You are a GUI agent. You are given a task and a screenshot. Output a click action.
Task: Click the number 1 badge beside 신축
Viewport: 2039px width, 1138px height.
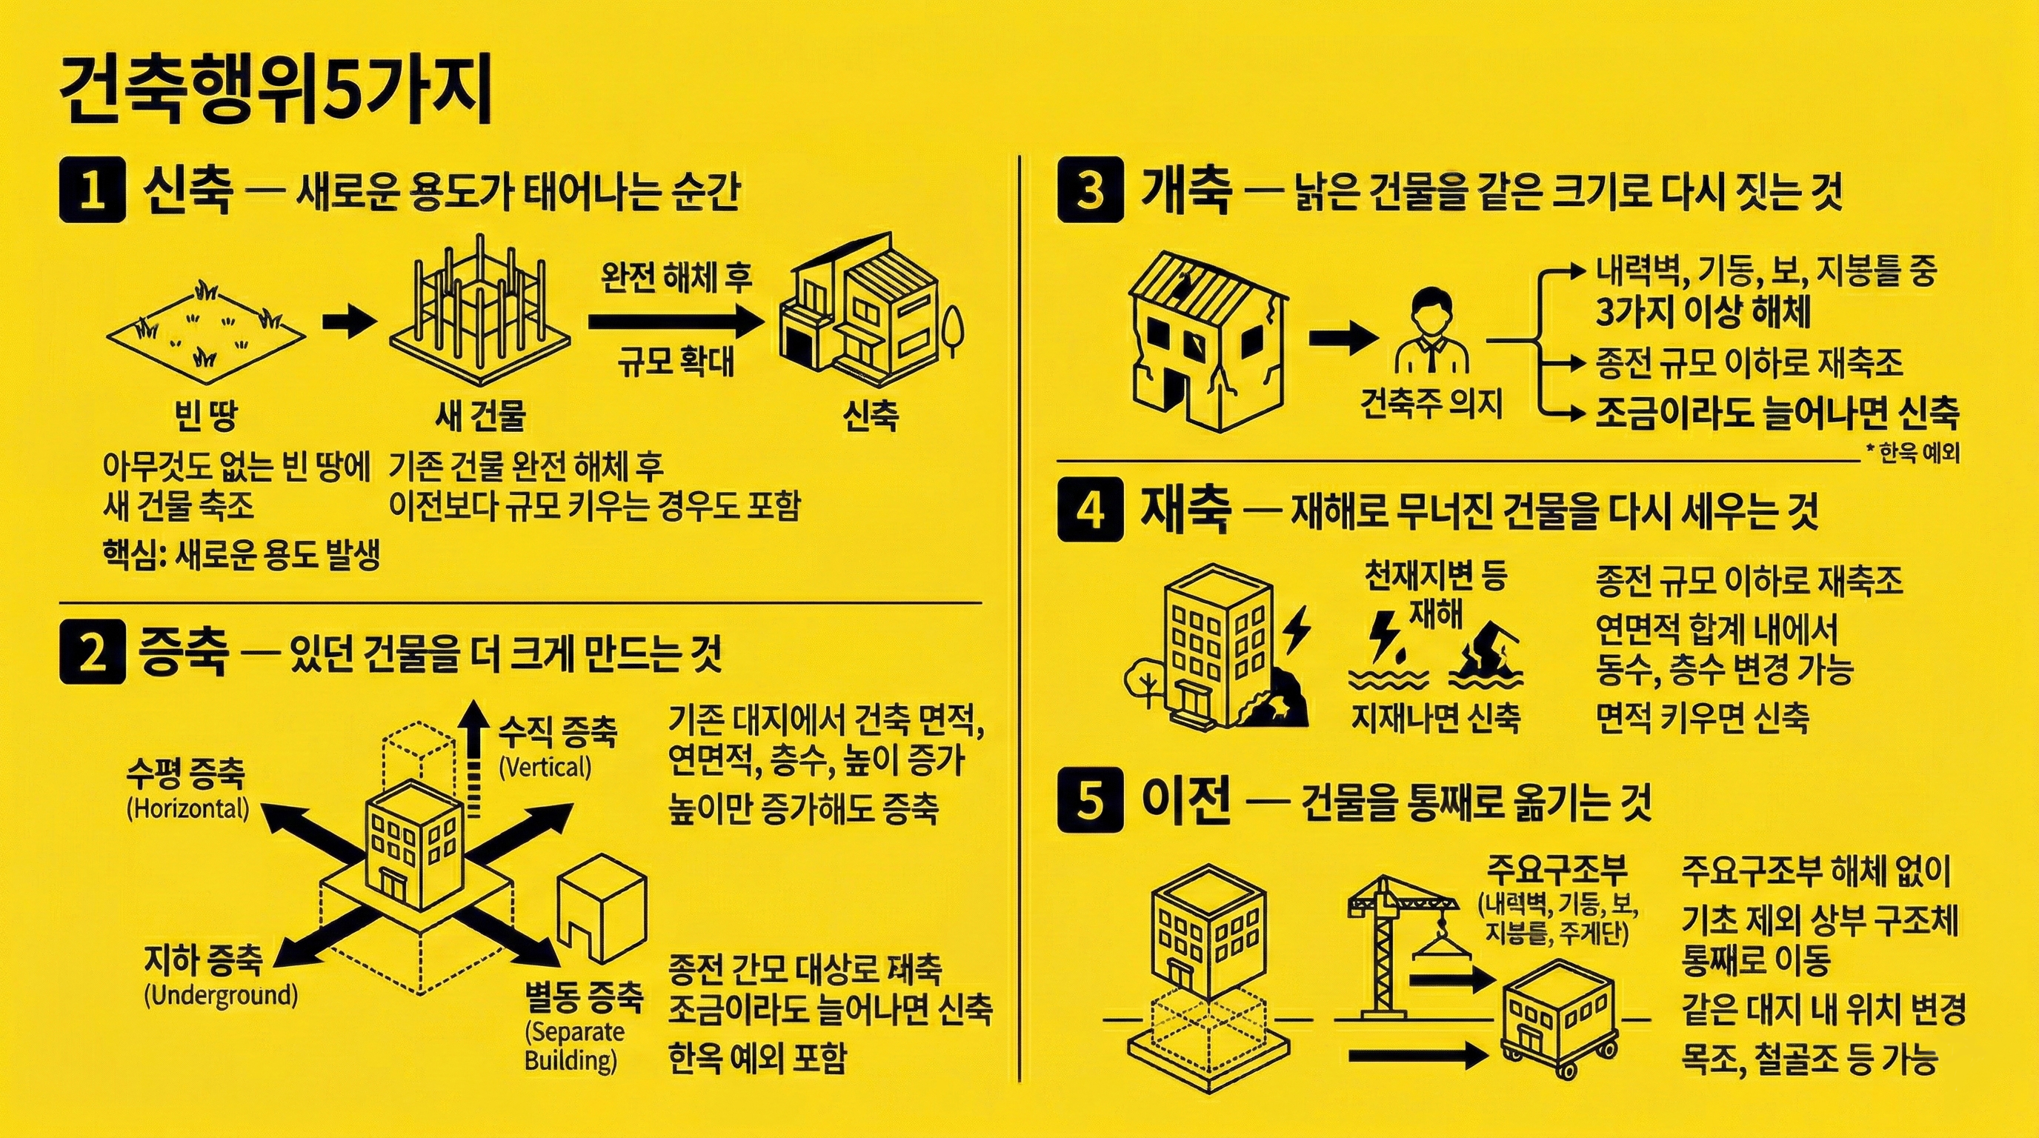coord(93,193)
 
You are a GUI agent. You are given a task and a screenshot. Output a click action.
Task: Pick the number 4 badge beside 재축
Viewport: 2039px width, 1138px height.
coord(1090,510)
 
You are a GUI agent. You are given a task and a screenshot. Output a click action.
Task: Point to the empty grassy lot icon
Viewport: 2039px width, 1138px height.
coord(206,325)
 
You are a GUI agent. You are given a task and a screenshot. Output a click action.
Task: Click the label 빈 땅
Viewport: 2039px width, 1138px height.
coord(206,415)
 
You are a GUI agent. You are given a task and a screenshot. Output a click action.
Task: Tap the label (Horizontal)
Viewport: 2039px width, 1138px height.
coord(187,809)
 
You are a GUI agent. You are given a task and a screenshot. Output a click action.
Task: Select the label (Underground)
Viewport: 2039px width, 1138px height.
coord(221,995)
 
